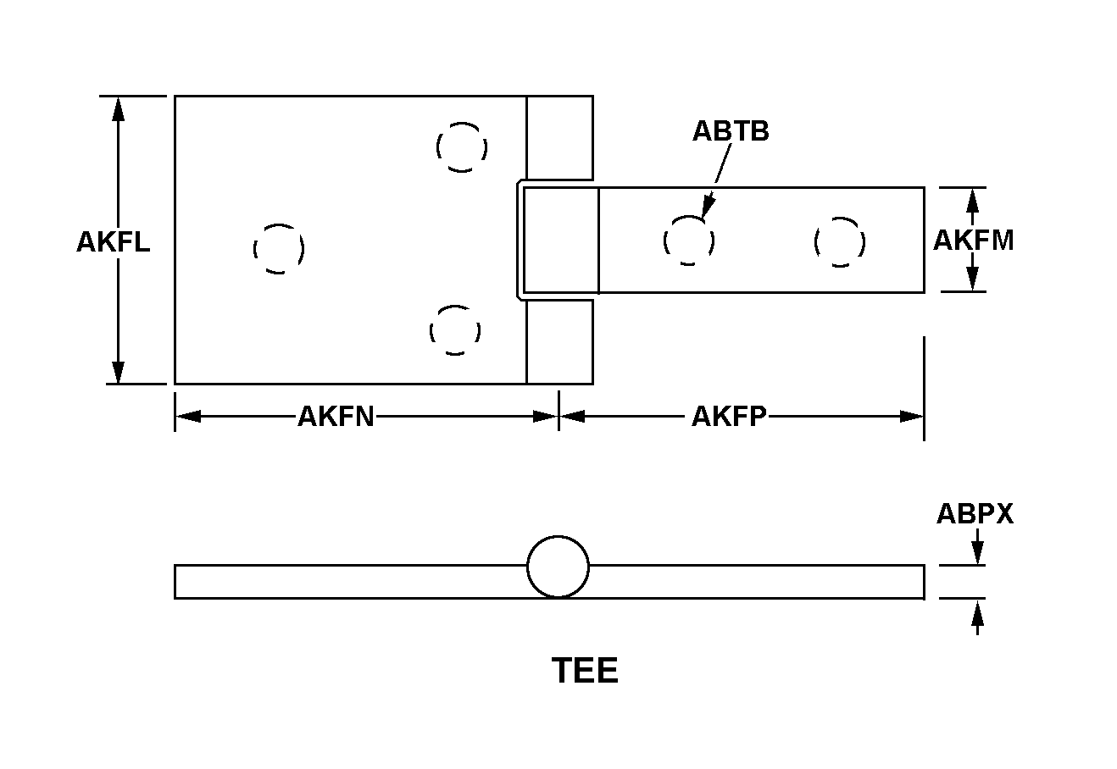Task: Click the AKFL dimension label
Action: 114,242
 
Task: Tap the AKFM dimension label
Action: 974,241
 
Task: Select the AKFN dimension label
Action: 336,417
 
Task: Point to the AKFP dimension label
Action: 729,417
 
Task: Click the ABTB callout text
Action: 731,131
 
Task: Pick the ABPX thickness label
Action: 975,514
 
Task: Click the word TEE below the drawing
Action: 585,671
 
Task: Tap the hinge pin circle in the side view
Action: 558,566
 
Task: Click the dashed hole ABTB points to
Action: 689,241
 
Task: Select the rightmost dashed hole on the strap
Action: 840,242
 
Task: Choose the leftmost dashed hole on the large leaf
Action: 279,249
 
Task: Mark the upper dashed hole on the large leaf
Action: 462,147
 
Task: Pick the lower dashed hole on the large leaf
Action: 455,330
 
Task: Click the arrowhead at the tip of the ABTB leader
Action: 708,207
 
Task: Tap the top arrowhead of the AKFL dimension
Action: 118,109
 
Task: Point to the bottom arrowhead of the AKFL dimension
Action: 118,372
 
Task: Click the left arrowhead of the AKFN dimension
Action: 188,416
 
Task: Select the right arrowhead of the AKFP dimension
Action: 912,416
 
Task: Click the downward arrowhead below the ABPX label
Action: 977,553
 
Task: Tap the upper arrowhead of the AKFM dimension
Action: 972,201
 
